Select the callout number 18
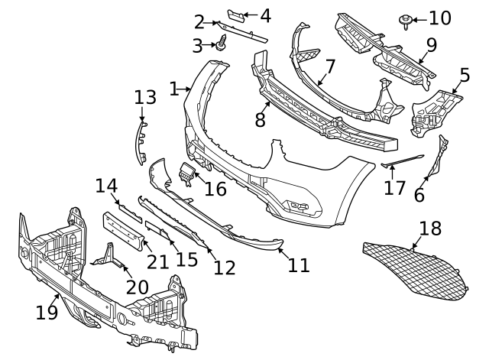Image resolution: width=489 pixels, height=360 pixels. coord(431,228)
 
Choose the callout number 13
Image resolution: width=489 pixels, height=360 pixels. coord(144,97)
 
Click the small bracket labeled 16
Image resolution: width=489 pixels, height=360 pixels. coord(186,173)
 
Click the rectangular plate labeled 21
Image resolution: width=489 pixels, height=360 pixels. coord(123,229)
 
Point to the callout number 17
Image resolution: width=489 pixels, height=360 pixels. coord(394,187)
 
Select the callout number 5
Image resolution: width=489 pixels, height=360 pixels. coord(465,76)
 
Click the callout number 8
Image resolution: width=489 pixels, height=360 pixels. coord(260,119)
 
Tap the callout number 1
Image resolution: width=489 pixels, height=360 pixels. coord(173,89)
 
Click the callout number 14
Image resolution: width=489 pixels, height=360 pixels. coord(106,186)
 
